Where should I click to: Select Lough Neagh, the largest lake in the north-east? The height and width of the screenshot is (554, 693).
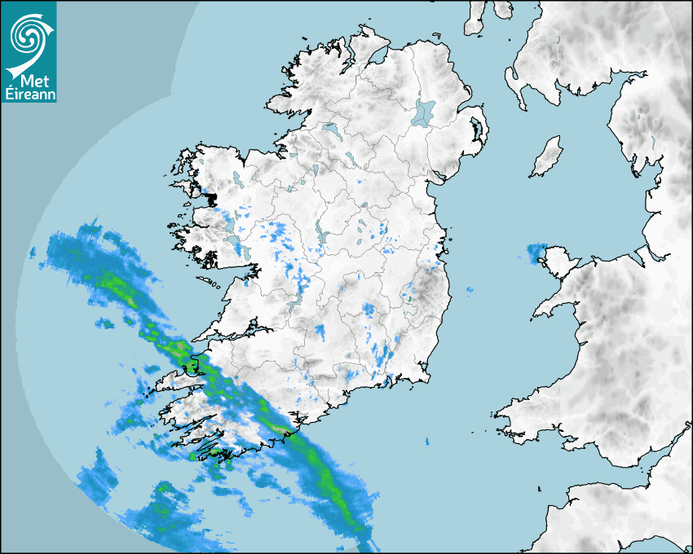click(x=424, y=112)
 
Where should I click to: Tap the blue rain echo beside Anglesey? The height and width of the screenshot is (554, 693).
click(x=536, y=253)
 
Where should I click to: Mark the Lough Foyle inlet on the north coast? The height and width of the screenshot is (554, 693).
click(x=377, y=56)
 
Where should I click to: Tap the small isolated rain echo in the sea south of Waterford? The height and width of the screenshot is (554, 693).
click(x=426, y=442)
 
